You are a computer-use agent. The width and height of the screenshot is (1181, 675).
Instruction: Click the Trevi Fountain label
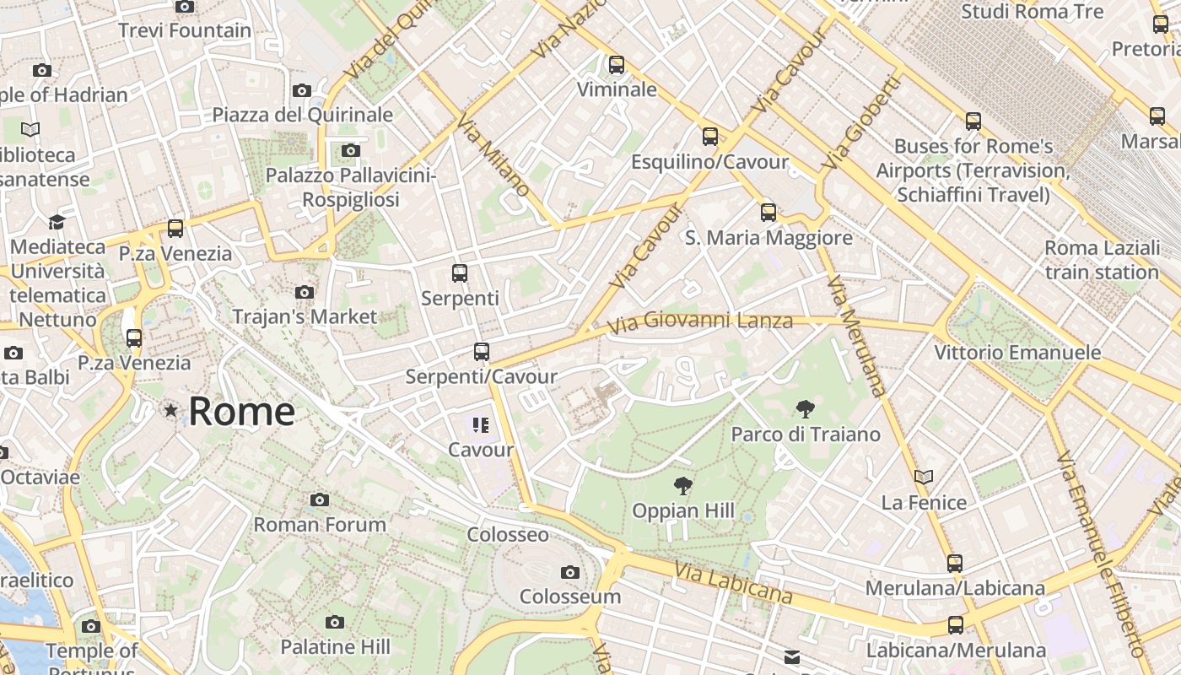185,30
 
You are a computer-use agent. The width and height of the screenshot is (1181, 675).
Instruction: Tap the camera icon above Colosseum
570,573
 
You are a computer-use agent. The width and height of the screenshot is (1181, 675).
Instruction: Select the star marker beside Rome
171,411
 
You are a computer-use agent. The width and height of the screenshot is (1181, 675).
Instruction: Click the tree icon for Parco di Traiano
806,409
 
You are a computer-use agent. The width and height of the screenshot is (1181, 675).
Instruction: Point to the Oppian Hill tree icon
683,486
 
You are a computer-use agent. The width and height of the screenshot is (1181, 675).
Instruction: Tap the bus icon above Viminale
617,64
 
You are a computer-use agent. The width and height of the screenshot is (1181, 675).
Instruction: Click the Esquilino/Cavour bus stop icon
710,136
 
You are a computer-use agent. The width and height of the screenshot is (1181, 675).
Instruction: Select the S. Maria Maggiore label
768,238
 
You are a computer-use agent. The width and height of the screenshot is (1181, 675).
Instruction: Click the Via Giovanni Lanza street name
699,321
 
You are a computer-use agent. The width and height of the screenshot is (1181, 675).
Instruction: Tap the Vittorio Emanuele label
1017,352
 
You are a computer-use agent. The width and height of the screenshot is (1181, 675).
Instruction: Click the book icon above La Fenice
924,478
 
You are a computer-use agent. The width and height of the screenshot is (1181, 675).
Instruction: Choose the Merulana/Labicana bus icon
955,563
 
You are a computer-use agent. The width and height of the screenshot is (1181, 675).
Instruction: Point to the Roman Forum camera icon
320,499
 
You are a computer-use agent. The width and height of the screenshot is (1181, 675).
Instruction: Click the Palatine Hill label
335,647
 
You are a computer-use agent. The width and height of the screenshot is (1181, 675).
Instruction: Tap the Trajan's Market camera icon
305,293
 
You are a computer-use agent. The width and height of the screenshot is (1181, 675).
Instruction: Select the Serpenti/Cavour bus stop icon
482,352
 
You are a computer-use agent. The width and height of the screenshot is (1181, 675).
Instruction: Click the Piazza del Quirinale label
303,114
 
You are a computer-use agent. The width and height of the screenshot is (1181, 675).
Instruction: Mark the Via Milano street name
493,157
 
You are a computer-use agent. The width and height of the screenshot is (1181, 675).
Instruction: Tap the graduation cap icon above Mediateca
57,222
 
